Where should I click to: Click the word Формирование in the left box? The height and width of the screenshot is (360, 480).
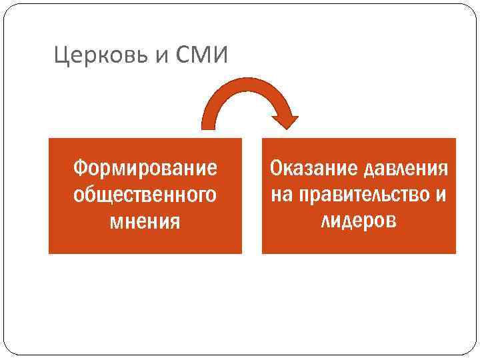click(x=145, y=167)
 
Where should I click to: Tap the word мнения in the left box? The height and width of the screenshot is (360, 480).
click(x=145, y=220)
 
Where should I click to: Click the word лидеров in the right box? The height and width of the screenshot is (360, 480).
click(x=359, y=220)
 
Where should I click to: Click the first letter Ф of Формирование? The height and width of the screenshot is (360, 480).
click(x=80, y=167)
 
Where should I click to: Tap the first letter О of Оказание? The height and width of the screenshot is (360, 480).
click(x=276, y=167)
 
